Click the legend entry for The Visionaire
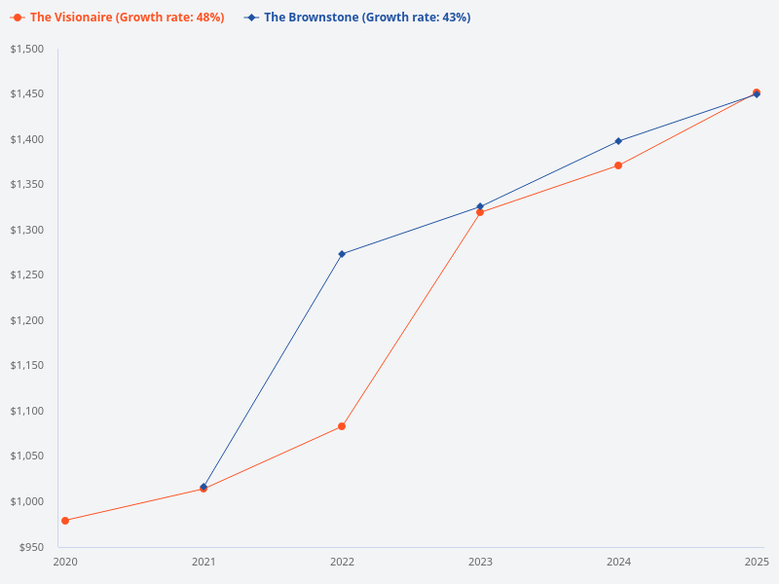tap(118, 18)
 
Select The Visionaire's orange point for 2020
tap(65, 521)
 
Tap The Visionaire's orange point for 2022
tap(342, 426)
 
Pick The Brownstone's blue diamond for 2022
tap(342, 254)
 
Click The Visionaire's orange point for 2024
tap(618, 165)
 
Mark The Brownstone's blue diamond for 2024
tap(618, 141)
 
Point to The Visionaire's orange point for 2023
tap(480, 212)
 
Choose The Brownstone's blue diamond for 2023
tap(480, 206)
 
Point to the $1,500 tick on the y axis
tap(27, 49)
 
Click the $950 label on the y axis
tap(31, 546)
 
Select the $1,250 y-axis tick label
tap(27, 274)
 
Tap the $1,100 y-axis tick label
tap(27, 411)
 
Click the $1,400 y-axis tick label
tap(27, 139)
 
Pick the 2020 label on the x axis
tap(65, 562)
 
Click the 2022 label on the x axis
tap(342, 562)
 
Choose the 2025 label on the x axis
tap(757, 562)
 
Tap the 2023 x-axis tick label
tap(480, 562)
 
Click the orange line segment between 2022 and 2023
tap(411, 319)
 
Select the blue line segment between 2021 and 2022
tap(273, 371)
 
